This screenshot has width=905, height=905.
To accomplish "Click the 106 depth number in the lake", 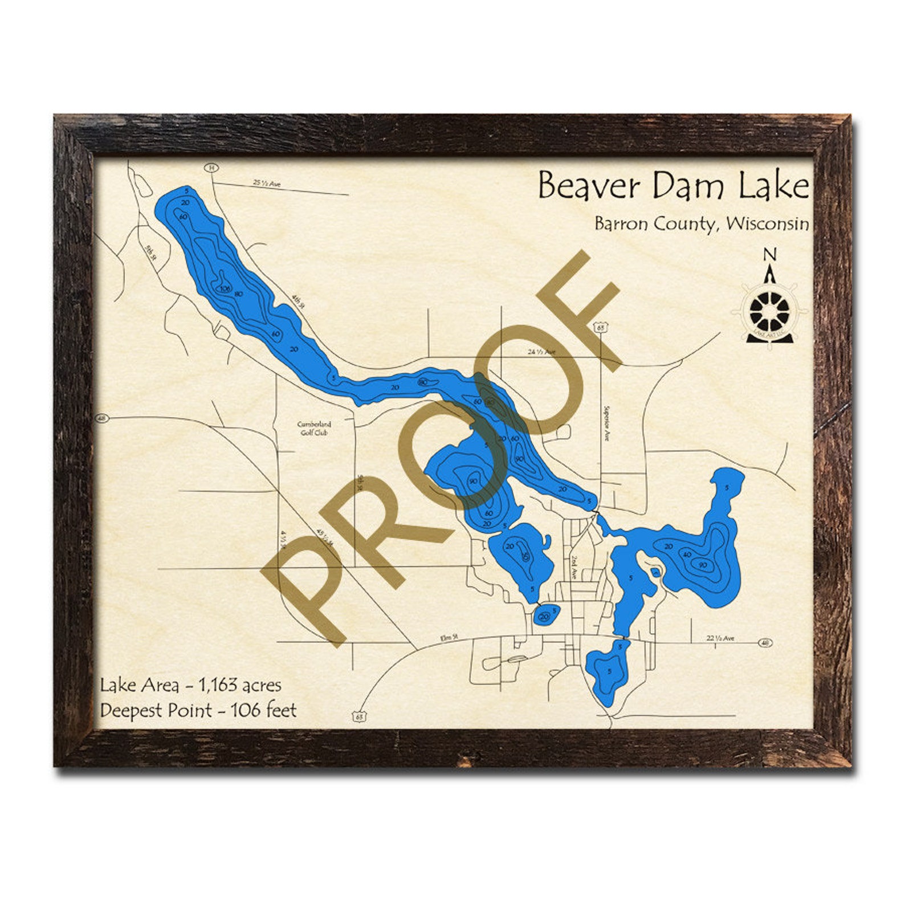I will pos(225,289).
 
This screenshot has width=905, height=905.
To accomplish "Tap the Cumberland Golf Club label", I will pos(314,428).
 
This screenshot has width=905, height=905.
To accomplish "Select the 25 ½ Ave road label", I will pos(267,184).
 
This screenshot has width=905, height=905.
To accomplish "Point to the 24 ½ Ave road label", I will pos(541,352).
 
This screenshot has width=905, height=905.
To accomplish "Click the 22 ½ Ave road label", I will pos(720,638).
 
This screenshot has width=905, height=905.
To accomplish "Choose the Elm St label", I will pos(450,638).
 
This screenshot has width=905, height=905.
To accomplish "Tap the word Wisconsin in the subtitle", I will pos(768,223).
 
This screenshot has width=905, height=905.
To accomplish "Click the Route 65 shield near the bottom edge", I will pos(358,716).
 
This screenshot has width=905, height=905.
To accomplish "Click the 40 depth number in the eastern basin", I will pos(687,555).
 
